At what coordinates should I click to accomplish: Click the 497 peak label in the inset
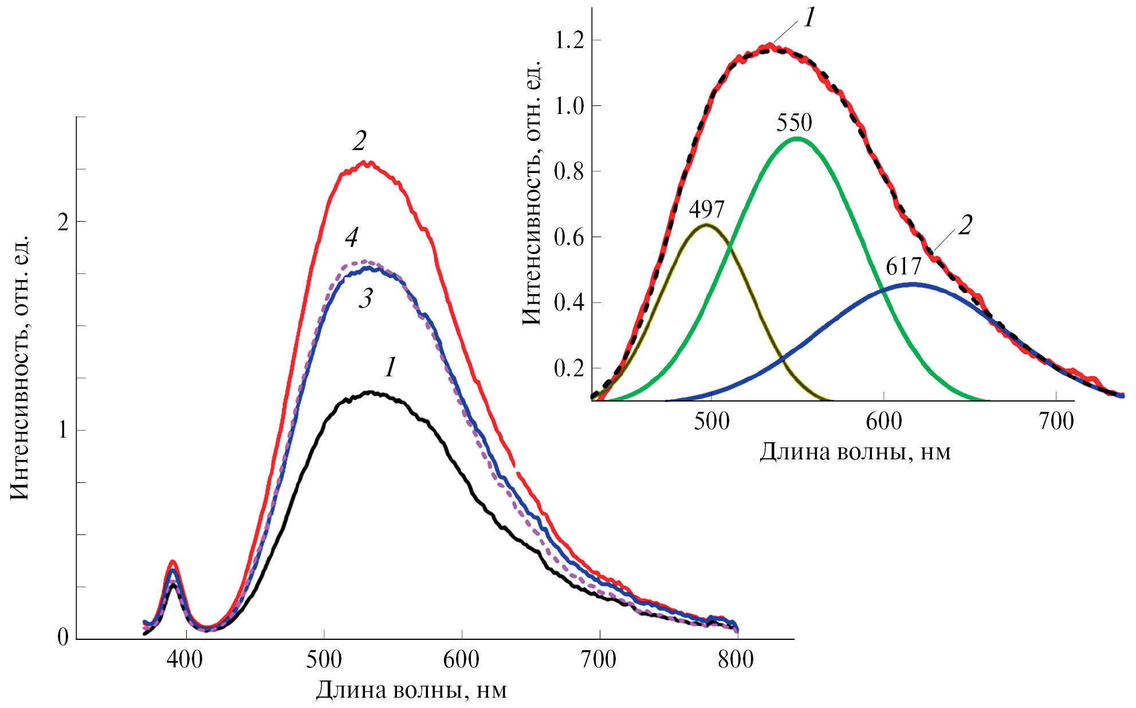point(706,210)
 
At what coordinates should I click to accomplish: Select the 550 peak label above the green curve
point(795,123)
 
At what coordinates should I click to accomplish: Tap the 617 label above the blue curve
point(903,267)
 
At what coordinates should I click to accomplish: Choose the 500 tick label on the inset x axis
point(712,422)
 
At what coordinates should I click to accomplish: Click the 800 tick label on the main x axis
point(736,660)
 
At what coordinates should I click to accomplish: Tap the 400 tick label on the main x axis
point(184,660)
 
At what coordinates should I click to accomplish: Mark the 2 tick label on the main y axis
point(63,222)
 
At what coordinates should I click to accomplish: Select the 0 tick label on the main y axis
point(63,638)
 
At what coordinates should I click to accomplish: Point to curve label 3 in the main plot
point(366,298)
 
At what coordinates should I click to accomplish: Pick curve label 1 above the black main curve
point(390,367)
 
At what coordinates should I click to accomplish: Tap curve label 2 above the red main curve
point(360,141)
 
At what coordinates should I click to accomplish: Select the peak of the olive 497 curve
point(706,225)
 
